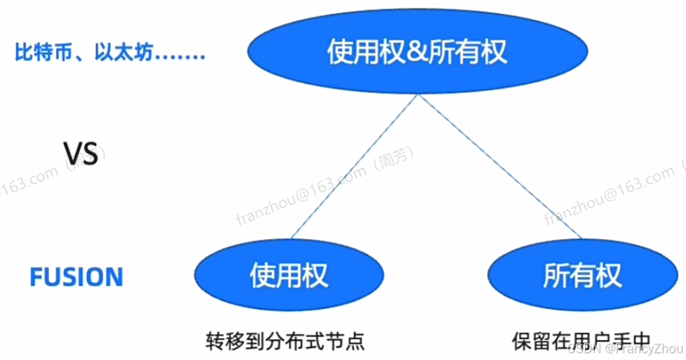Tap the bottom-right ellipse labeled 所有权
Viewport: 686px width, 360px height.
coord(582,276)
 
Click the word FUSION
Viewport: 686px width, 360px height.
coord(76,278)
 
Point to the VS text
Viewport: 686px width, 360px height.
coord(79,155)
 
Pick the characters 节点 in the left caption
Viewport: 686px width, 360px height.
coord(349,342)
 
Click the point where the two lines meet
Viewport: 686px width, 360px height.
coord(419,94)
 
